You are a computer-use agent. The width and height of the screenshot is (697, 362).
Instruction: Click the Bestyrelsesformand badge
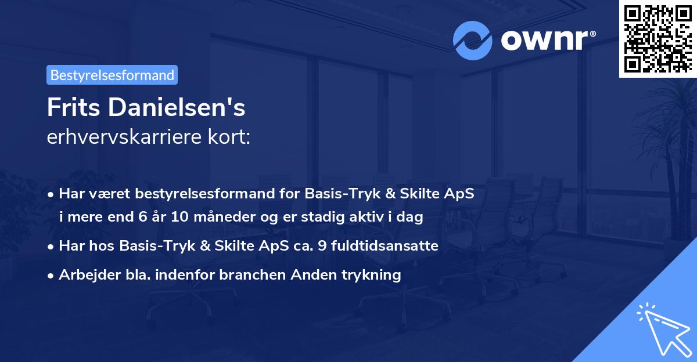click(112, 75)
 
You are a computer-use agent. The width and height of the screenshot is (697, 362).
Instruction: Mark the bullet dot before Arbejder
click(52, 276)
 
